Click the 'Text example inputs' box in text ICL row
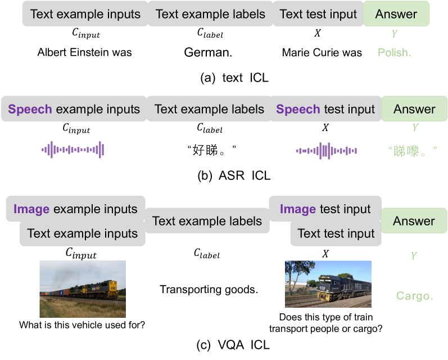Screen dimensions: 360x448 coord(85,14)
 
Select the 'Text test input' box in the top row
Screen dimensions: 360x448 coord(318,14)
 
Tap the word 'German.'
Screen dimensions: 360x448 coord(208,53)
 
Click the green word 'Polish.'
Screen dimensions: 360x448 coord(395,53)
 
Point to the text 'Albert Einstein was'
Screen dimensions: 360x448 coord(84,53)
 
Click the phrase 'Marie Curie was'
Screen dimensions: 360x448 coord(322,53)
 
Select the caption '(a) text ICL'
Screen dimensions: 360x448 coord(234,78)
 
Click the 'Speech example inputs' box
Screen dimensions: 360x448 coord(74,109)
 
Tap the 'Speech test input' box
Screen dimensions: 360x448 coord(325,109)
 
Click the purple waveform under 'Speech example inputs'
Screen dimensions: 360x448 coord(73,150)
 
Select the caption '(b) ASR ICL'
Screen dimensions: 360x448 coord(234,175)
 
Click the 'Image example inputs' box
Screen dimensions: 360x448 coord(76,209)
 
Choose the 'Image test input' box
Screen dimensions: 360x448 coord(325,209)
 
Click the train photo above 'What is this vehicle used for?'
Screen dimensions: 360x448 coord(82,289)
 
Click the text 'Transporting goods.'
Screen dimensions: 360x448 coord(209,290)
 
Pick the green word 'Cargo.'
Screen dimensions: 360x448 coord(414,296)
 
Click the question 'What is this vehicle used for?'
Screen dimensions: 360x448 coord(82,325)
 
